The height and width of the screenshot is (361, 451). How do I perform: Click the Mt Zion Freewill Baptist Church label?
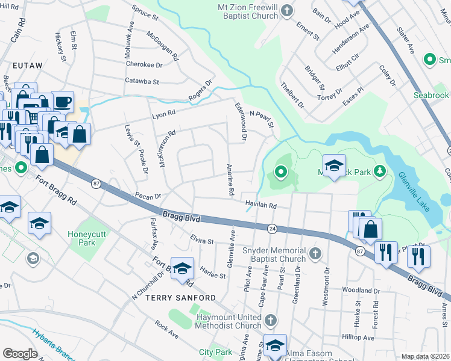pos(242,11)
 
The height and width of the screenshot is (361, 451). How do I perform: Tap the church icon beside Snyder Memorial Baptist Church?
pos(315,255)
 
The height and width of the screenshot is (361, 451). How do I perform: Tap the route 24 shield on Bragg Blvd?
pos(272,228)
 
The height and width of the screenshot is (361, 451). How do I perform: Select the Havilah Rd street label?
pos(260,205)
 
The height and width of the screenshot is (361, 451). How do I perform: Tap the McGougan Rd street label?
pos(163,46)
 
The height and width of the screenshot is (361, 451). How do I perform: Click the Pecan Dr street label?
pos(148,196)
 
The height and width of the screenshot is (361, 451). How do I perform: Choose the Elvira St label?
pos(202,241)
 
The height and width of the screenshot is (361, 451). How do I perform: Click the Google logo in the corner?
pos(20,354)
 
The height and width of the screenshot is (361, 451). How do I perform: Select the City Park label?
pos(215,351)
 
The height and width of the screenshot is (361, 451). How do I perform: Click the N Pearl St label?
pos(262,119)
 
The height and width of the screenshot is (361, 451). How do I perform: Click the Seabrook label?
pos(430,96)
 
